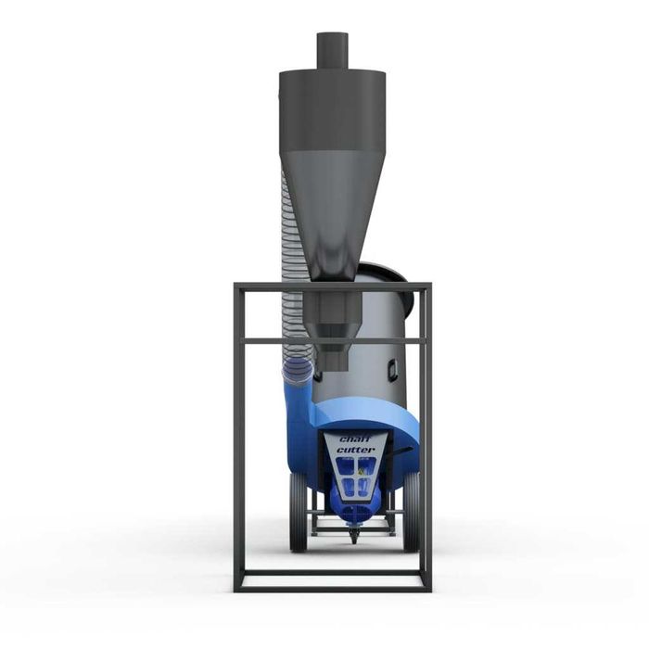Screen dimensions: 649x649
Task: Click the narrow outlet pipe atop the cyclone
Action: pos(331,50)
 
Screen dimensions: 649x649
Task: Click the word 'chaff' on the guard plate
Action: pos(355,438)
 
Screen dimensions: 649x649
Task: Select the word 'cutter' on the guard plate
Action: pos(355,450)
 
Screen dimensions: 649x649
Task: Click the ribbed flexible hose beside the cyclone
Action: pos(290,278)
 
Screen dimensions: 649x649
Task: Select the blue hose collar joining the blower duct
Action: pos(299,373)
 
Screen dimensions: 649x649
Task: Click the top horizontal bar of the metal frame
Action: pos(332,287)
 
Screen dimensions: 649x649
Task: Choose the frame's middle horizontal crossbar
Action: pos(332,340)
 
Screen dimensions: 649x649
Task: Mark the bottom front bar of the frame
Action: pos(332,585)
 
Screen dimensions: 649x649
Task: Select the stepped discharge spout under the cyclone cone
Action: pos(331,324)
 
